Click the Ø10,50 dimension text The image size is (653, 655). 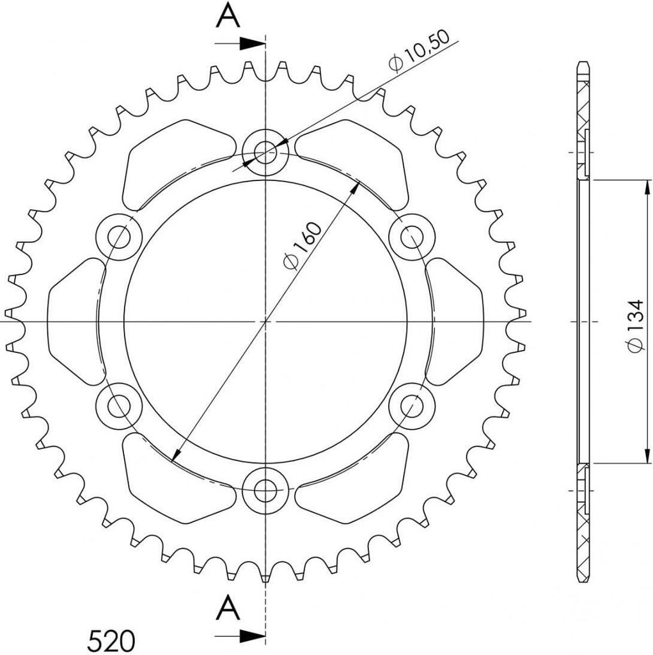(419, 51)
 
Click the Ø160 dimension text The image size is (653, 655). (303, 246)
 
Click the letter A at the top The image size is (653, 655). (228, 16)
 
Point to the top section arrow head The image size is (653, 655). (253, 43)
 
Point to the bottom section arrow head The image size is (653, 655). (253, 636)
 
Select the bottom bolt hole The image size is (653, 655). (265, 490)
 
